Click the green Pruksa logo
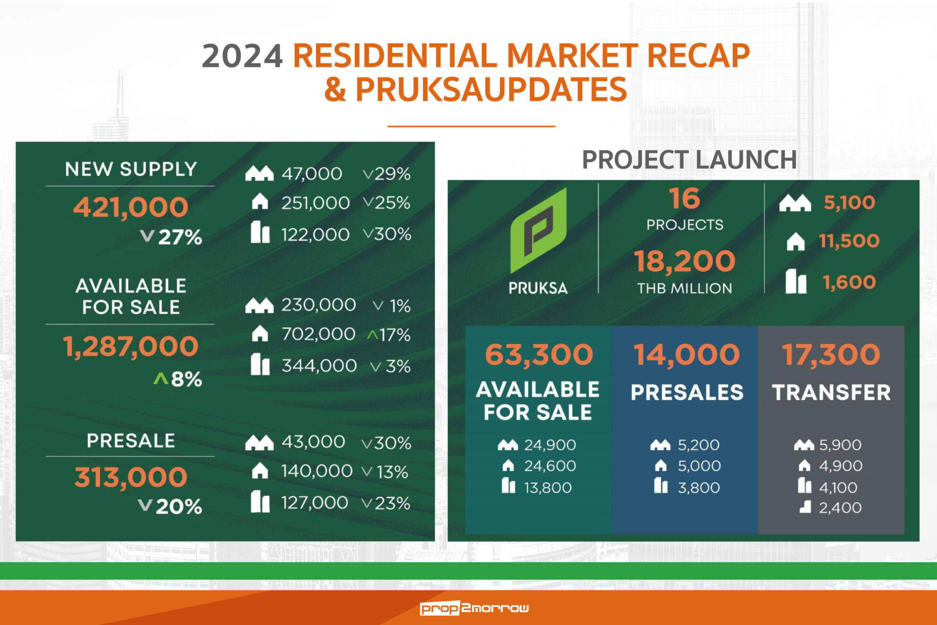coord(538,231)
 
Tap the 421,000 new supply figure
coord(131,207)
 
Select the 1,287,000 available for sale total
coord(131,346)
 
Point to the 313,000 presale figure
coord(131,477)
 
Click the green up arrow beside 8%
coord(161,378)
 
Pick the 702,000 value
coord(318,334)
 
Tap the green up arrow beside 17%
coord(372,335)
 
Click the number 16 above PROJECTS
coord(684,198)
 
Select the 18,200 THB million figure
coord(684,261)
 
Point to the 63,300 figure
coord(539,354)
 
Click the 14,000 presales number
coord(687,354)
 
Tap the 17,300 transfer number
coord(831,354)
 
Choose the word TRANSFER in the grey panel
coord(831,393)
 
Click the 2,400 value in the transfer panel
coord(840,508)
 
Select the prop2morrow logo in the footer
coord(474,608)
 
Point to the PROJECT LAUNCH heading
coord(689,160)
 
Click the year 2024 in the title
coord(242,56)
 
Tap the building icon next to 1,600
coord(796,281)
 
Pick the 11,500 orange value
coord(849,241)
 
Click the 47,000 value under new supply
coord(312,174)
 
